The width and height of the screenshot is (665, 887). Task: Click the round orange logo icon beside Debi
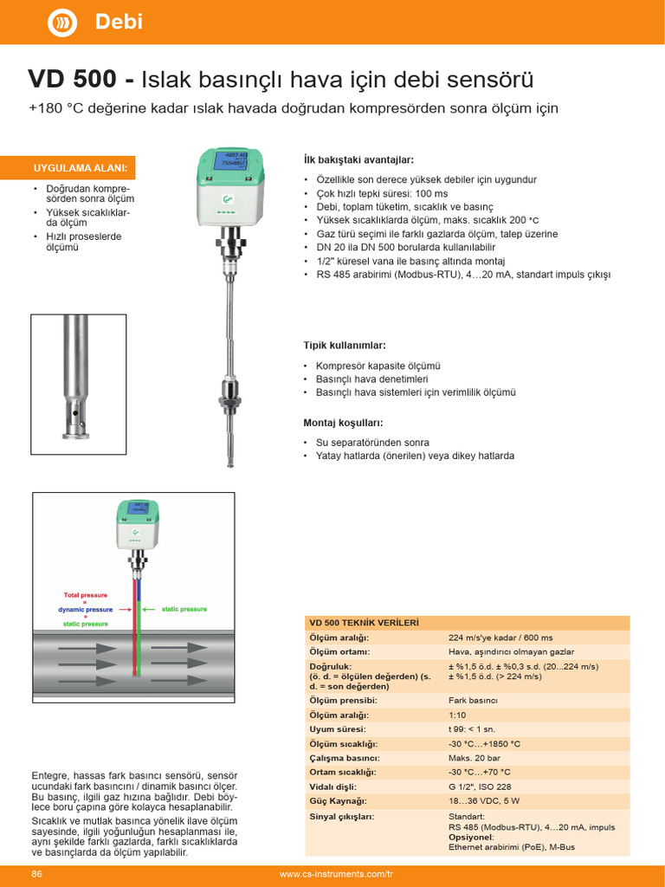61,23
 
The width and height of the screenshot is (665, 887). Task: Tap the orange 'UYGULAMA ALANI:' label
81,167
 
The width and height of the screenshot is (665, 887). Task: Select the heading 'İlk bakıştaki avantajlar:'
358,160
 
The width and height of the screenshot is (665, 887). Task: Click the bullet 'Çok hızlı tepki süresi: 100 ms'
382,193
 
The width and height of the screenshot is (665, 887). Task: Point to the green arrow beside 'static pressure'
149,609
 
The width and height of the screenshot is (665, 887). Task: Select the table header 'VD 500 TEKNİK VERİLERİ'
364,623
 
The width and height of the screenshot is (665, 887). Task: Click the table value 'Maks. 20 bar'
473,758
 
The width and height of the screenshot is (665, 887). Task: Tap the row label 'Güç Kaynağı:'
339,800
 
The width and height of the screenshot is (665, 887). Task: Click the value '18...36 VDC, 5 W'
483,800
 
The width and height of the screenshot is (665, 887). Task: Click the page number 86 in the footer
37,874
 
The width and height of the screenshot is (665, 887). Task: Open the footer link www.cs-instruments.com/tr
336,874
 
